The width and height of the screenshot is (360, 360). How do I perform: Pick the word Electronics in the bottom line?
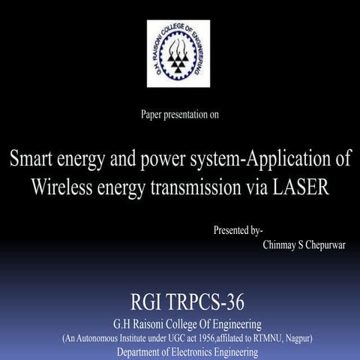[202, 352]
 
